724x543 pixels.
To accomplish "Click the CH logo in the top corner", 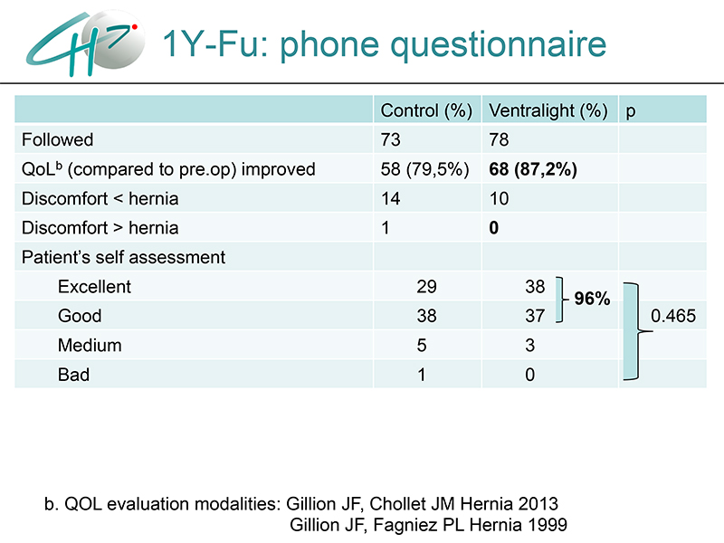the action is (85, 43).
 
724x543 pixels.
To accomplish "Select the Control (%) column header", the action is (426, 110).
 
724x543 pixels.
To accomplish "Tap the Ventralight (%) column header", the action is (548, 110).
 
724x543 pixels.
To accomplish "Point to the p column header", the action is (631, 112).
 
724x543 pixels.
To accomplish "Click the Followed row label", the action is (57, 139).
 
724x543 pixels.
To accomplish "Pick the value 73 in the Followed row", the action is (391, 140).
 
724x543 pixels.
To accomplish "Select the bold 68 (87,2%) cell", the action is (533, 169).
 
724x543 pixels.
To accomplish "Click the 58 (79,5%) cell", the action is (424, 169).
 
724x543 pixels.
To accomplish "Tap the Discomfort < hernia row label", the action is (100, 198).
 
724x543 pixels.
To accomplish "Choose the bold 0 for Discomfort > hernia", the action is (493, 228).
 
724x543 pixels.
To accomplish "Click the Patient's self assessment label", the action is (123, 257).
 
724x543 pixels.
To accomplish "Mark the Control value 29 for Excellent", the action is (426, 287).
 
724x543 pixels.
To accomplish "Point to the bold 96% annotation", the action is (592, 299).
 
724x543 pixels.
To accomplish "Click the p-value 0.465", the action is (673, 316).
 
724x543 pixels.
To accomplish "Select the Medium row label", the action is (90, 346).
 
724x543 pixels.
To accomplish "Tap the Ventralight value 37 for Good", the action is (535, 316).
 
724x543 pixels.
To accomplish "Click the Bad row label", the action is (73, 375).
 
